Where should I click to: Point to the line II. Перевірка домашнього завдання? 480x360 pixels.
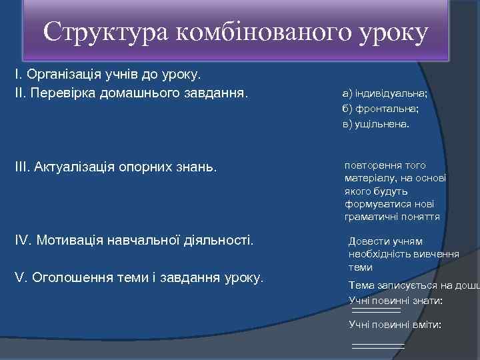pos(131,90)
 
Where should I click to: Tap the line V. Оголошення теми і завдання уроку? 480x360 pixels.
pos(139,277)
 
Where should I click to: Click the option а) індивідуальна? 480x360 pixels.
pos(385,95)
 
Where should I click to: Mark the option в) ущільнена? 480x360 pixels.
pos(377,124)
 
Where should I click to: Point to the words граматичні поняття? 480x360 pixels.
pos(392,217)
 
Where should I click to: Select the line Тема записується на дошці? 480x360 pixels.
pos(413,285)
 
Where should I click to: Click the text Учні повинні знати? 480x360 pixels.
pos(395,301)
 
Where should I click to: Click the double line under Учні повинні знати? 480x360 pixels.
pos(376,311)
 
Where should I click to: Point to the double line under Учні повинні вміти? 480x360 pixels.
pos(378,346)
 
